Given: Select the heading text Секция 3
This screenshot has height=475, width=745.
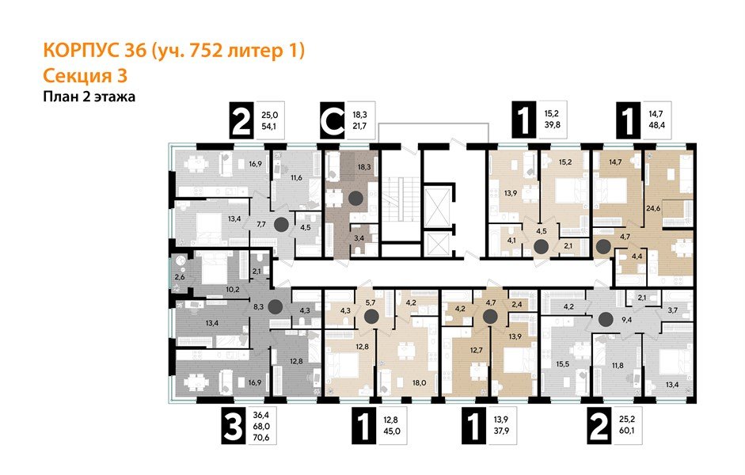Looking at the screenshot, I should click(x=83, y=76).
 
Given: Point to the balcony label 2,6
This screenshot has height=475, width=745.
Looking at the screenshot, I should click(x=179, y=275).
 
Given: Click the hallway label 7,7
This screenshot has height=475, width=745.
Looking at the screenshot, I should click(x=260, y=224).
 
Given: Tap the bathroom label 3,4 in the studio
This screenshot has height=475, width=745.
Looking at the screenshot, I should click(x=359, y=237).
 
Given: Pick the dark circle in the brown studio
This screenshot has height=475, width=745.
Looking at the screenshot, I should click(x=356, y=198).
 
